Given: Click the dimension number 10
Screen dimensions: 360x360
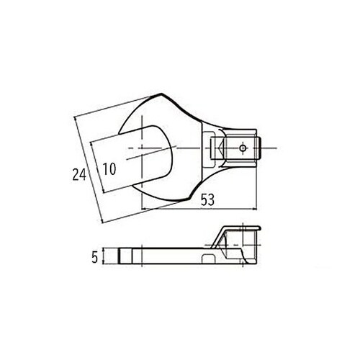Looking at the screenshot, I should pos(109,170).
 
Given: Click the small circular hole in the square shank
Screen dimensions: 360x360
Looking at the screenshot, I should pos(244,148).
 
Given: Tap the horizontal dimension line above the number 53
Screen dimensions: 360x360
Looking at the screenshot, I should pos(202,210).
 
